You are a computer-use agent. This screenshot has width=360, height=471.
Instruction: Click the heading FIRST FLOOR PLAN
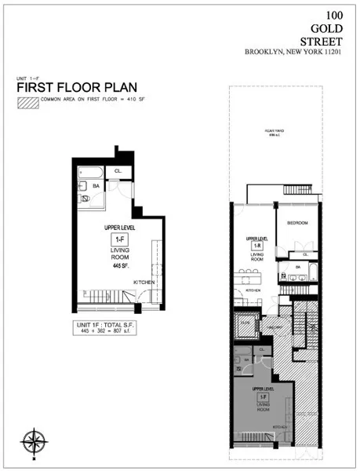tap(67, 89)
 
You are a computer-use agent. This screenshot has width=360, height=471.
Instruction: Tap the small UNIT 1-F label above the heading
tap(29, 79)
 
